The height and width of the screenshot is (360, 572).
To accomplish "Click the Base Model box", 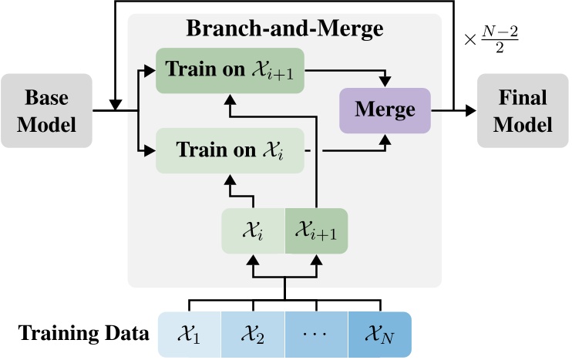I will pos(46,110).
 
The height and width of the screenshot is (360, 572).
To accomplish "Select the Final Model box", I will pos(523,110).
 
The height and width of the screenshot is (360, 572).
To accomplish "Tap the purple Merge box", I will pos(385,109).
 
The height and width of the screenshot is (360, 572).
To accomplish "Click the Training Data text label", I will pos(83,335).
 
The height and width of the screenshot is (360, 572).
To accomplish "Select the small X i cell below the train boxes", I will pos(254,230).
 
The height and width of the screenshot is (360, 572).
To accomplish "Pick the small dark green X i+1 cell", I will pos(316,230).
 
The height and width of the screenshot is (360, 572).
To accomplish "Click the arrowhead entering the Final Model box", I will pos(469,110).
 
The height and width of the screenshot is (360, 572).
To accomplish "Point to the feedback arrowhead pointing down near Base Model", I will pos(115,103).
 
